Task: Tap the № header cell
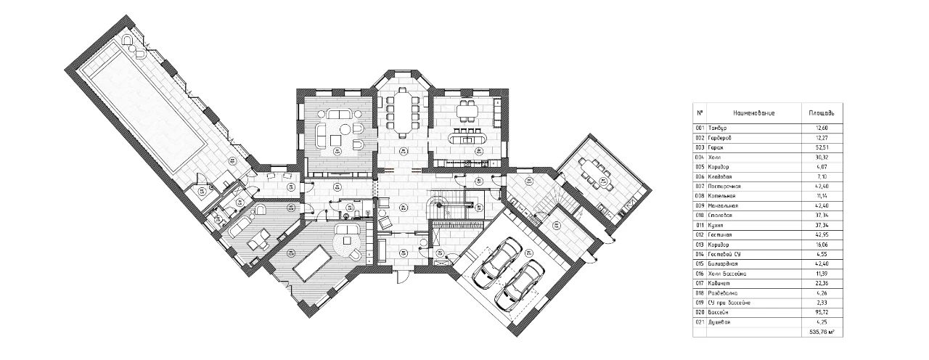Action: [700, 113]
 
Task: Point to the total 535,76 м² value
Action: [820, 331]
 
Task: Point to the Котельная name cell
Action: [724, 195]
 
